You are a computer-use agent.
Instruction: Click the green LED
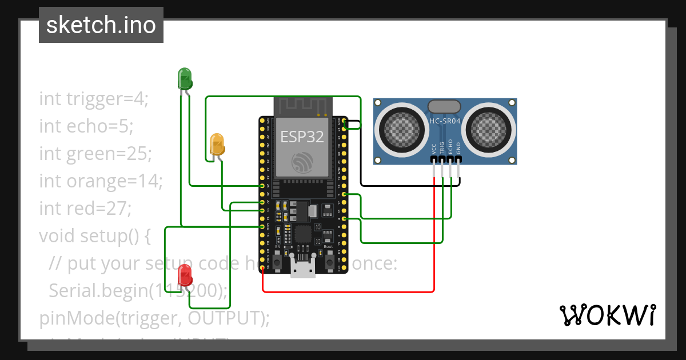[x=185, y=78]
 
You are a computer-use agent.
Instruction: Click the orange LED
[x=217, y=143]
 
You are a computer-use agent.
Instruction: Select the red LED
[x=185, y=275]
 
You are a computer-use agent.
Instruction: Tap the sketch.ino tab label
[x=101, y=25]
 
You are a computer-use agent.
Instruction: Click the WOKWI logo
[x=607, y=315]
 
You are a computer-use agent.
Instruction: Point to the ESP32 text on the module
[x=302, y=137]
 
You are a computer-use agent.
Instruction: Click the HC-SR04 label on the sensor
[x=444, y=121]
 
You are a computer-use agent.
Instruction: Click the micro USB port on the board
[x=302, y=268]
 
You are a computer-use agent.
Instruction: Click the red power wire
[x=349, y=292]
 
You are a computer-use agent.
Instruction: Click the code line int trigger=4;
[x=94, y=99]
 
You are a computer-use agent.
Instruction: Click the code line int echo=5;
[x=86, y=126]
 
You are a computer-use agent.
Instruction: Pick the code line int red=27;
[x=85, y=208]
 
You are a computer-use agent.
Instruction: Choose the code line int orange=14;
[x=101, y=181]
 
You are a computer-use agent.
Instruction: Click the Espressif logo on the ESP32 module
[x=302, y=162]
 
